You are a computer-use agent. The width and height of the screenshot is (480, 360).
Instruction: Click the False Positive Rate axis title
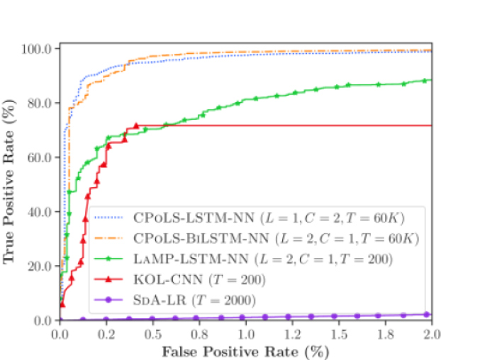(x=245, y=350)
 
